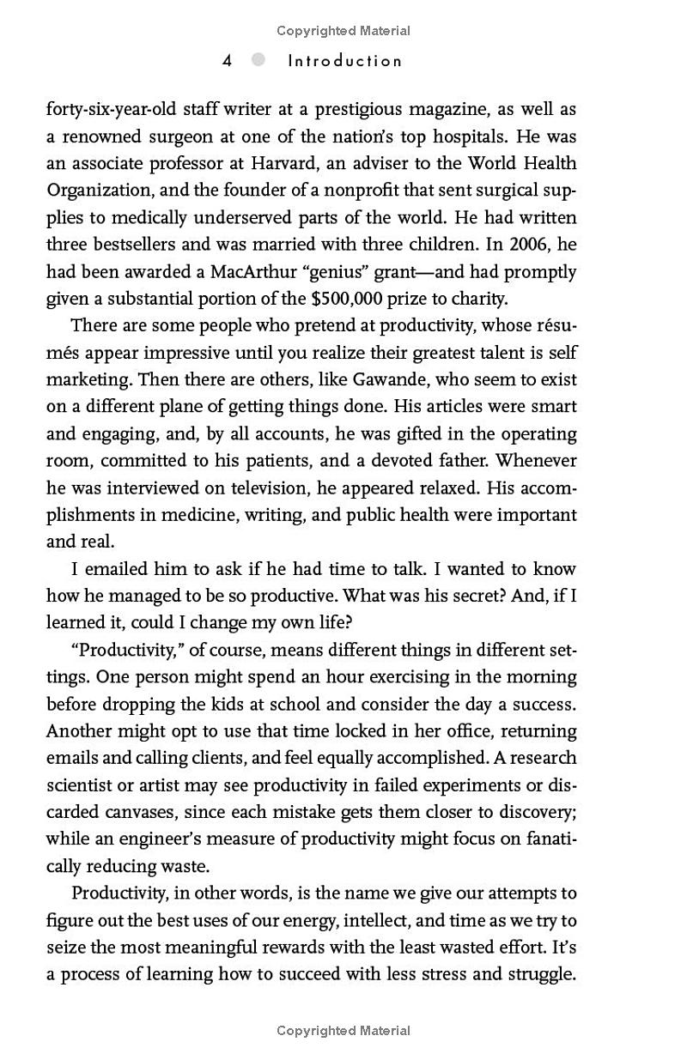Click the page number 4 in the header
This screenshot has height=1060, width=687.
click(x=228, y=61)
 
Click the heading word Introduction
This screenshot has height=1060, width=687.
click(x=344, y=61)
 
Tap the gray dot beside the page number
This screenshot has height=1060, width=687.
click(x=258, y=60)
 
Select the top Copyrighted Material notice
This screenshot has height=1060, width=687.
click(x=343, y=31)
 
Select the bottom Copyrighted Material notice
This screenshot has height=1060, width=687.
click(x=343, y=1031)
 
